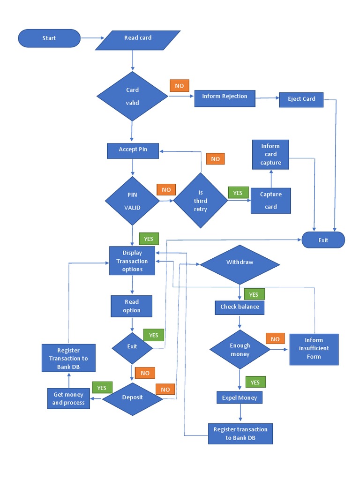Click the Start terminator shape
point(49,38)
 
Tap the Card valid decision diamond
point(133,96)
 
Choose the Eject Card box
point(301,99)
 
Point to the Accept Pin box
point(133,150)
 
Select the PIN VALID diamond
point(132,201)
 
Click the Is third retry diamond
point(201,201)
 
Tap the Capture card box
point(271,201)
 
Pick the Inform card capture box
point(270,154)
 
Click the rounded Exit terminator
point(323,240)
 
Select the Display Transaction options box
point(132,261)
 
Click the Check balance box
point(240,307)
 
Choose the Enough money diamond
point(240,350)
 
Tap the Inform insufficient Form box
point(314,349)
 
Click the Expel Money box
point(240,398)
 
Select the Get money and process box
point(68,398)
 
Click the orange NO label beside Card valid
point(179,86)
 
